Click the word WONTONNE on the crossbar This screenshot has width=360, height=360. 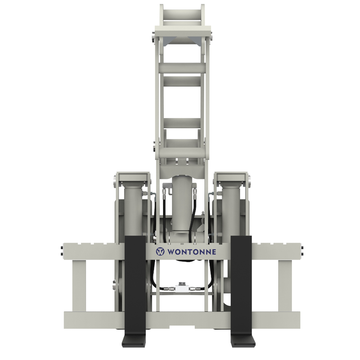[192, 252]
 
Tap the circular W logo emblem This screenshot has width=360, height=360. [160, 252]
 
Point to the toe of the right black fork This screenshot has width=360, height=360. [243, 340]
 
